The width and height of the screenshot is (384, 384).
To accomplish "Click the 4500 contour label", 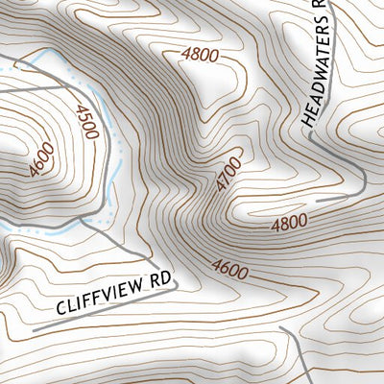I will coord(86,122).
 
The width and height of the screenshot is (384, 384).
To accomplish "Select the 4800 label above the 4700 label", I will coord(200,55).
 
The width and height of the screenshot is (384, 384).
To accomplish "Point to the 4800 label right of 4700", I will coord(289,224).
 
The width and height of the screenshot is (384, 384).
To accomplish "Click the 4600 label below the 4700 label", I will coord(230,270).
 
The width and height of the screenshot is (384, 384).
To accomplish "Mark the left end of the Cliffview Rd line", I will coord(35,330).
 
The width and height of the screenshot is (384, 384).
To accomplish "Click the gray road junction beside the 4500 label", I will coord(92,222).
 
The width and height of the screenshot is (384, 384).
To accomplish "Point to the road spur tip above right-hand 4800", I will coord(318,200).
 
